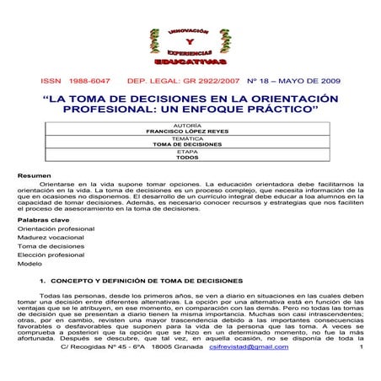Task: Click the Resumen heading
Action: [35, 174]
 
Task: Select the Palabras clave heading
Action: [41, 218]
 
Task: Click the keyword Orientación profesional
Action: [56, 228]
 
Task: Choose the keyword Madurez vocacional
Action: [51, 239]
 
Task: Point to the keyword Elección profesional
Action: [51, 255]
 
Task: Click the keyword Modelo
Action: [30, 264]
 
